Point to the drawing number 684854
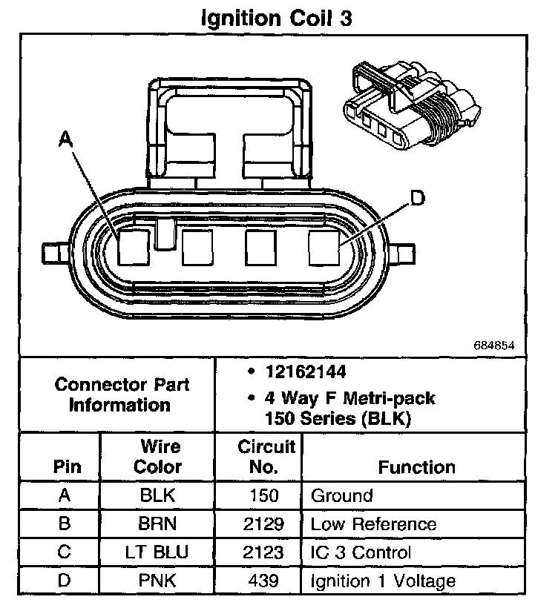pyautogui.click(x=493, y=346)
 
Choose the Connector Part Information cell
pyautogui.click(x=122, y=394)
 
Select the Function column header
pyautogui.click(x=416, y=467)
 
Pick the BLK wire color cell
pyautogui.click(x=157, y=495)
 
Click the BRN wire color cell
pyautogui.click(x=157, y=524)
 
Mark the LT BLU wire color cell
pyautogui.click(x=157, y=552)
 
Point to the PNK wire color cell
pyautogui.click(x=157, y=581)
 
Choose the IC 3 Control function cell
pyautogui.click(x=360, y=552)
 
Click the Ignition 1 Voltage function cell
pyautogui.click(x=383, y=581)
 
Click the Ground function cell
pyautogui.click(x=342, y=495)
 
